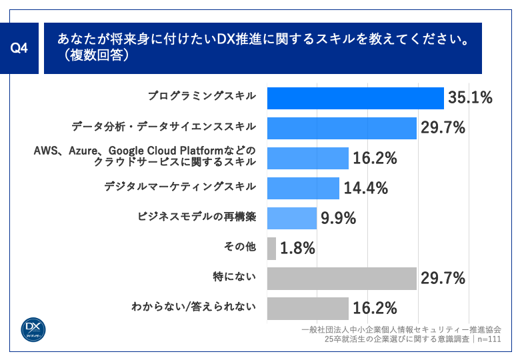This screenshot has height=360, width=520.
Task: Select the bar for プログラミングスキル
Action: [355, 98]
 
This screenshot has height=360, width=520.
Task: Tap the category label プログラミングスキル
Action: [201, 96]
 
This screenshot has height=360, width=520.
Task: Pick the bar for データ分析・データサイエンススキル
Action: [342, 128]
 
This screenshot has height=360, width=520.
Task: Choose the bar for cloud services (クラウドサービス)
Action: [308, 158]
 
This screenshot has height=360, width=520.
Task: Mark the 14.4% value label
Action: [366, 188]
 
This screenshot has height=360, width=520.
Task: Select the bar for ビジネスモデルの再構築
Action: [292, 218]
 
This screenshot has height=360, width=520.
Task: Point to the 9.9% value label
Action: [339, 218]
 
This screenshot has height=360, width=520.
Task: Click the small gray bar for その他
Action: [271, 248]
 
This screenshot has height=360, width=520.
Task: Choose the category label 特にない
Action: [237, 276]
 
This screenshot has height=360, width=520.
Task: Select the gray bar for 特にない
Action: [342, 278]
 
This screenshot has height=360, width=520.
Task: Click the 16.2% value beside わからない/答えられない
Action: [375, 308]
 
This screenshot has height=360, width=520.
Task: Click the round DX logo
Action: [33, 329]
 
